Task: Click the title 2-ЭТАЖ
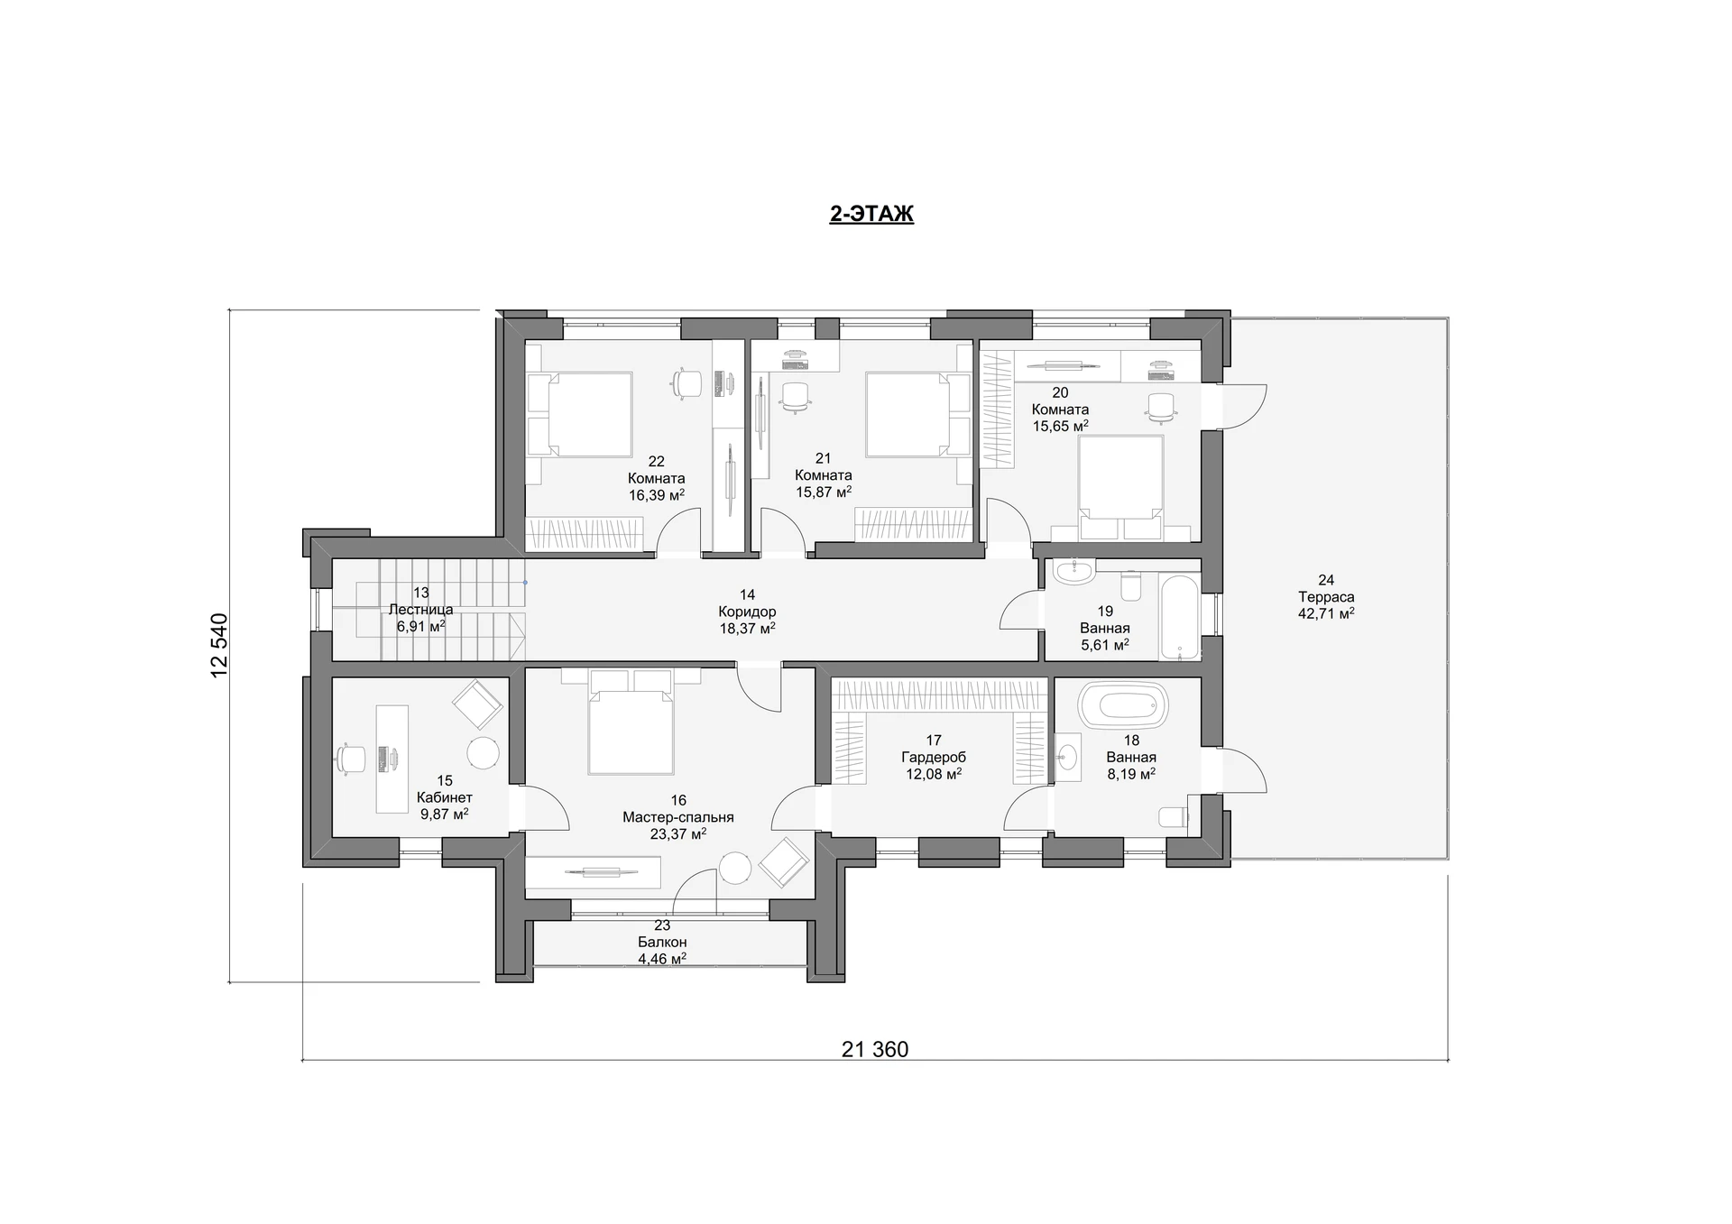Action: coord(871,214)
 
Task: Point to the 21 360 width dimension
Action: coord(875,1049)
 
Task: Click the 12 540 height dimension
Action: coord(219,646)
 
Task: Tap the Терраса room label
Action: coord(1326,597)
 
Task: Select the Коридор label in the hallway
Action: coord(747,612)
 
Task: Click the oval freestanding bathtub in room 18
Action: coord(1123,704)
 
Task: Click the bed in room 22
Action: coord(579,415)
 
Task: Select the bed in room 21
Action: coord(918,415)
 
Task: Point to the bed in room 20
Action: coord(1121,487)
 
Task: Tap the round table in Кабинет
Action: coord(483,753)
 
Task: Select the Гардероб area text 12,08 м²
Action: coord(934,774)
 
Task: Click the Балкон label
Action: coord(662,943)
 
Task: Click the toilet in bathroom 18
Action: coord(1173,816)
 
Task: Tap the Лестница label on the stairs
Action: coord(420,610)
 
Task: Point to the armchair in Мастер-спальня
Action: coord(784,861)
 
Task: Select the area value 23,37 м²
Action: coord(678,834)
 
